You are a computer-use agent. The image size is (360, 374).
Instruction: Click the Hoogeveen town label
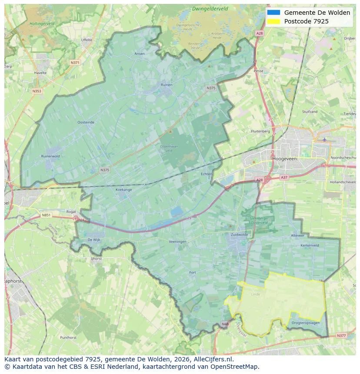pos(284,159)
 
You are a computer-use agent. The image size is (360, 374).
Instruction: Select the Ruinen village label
pos(167,85)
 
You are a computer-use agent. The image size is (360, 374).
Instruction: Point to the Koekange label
pos(123,190)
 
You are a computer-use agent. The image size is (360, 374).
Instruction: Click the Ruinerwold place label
pos(50,156)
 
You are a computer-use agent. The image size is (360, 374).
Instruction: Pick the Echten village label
pos(207,174)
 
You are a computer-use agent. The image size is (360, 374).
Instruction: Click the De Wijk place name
pos(94,239)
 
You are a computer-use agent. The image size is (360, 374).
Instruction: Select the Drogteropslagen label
pos(306,323)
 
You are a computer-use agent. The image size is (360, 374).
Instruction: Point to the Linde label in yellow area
pos(255,294)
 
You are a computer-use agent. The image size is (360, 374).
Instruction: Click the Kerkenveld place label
pos(310,245)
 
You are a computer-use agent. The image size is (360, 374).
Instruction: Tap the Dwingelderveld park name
pos(210,9)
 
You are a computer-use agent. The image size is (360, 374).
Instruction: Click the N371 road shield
pos(75,63)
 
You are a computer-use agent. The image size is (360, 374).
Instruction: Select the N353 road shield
pos(37,91)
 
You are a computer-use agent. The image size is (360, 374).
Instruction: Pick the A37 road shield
pos(284,177)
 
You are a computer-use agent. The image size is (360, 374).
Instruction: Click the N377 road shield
pos(341,335)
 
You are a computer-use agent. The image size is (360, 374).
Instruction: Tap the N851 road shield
pos(46,215)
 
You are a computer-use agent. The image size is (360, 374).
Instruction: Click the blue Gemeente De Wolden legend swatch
pos(273,13)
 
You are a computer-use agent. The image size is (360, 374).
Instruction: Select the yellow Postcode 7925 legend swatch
pos(273,21)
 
